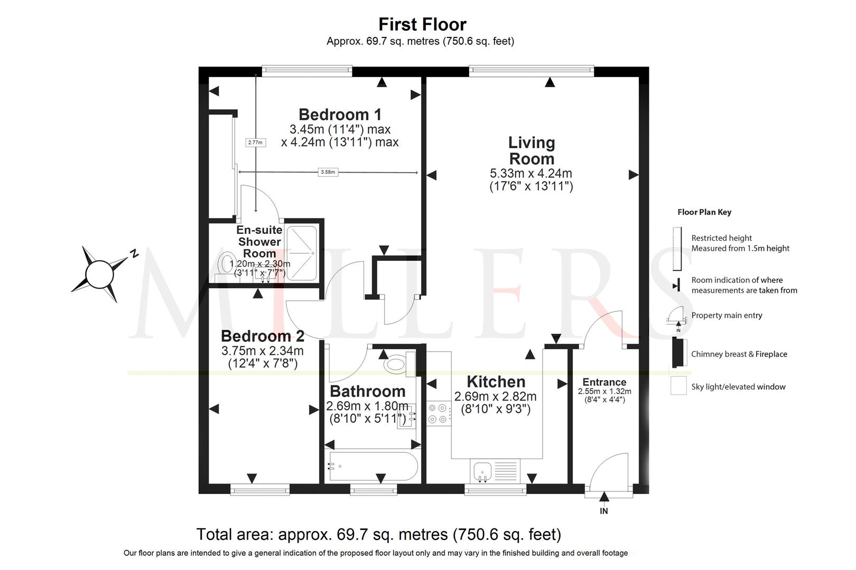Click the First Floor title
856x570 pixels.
point(422,24)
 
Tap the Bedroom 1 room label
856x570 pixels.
point(340,115)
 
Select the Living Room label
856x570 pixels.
point(531,150)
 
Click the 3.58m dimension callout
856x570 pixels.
point(328,172)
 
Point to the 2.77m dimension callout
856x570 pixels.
point(255,143)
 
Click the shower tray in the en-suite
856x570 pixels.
point(302,253)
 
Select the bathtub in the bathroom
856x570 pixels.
point(373,466)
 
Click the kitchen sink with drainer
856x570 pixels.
point(495,471)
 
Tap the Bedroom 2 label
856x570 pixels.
point(263,336)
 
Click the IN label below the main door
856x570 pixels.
point(604,511)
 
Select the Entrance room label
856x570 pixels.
point(604,382)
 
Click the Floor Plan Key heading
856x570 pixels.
point(704,212)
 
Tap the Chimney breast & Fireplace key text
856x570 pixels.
point(739,354)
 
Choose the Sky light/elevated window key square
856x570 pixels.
point(678,386)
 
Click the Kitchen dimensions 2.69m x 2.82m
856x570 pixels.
point(495,397)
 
